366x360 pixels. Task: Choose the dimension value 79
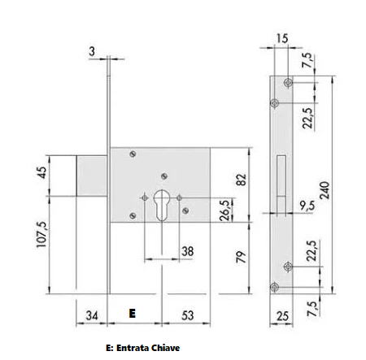(x=241, y=258)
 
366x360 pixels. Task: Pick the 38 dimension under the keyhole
(x=187, y=251)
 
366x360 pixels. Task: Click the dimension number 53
(x=187, y=314)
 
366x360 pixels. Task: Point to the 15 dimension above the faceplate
(x=282, y=39)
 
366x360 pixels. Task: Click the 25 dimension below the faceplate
(x=281, y=315)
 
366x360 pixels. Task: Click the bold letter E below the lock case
(x=132, y=312)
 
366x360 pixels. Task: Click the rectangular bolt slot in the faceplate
(x=281, y=180)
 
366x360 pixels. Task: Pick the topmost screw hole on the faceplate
(x=289, y=82)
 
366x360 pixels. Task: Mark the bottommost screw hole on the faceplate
(x=277, y=285)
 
